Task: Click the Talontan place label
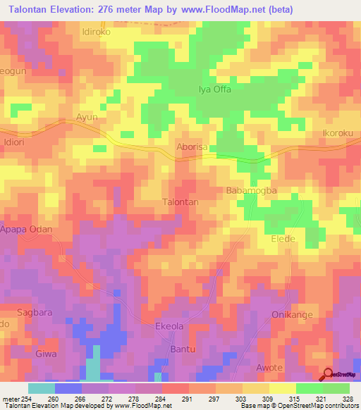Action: [x=180, y=201]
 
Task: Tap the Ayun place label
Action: [x=87, y=117]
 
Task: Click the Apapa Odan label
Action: [x=26, y=239]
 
